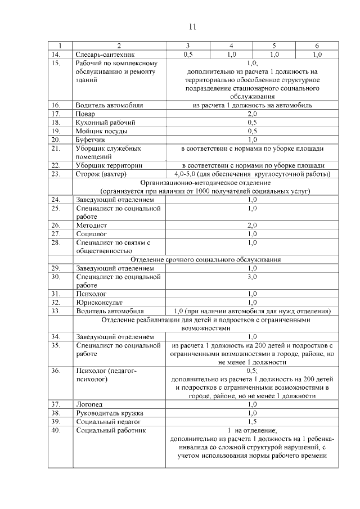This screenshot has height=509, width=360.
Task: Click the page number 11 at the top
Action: (x=192, y=26)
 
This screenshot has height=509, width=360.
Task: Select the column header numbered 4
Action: (x=231, y=46)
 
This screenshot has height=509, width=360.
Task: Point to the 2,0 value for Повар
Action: (x=252, y=114)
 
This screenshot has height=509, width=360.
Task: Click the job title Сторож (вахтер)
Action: (x=100, y=174)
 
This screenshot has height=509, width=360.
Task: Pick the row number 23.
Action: (x=55, y=174)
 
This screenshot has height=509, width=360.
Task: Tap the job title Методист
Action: (x=91, y=225)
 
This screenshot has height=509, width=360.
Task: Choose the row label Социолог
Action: (x=91, y=233)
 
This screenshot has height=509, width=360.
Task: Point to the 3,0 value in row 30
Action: (x=252, y=277)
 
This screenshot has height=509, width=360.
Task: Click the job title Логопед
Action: (x=89, y=404)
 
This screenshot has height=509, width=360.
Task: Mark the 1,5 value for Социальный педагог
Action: (x=252, y=421)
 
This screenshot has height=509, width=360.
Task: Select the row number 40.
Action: (x=55, y=430)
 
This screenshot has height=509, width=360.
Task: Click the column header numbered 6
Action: (x=317, y=46)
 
